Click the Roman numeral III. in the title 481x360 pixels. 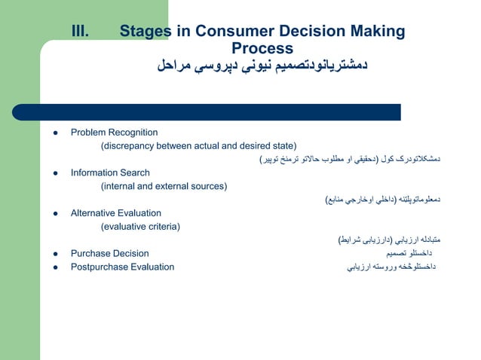[80, 32]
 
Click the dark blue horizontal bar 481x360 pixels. [219, 112]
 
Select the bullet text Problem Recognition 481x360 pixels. [114, 133]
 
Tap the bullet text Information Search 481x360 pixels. [110, 172]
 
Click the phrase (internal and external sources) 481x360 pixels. [164, 186]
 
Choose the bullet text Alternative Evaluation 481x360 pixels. [115, 213]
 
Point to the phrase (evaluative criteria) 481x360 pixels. [140, 226]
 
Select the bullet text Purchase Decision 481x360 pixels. [109, 254]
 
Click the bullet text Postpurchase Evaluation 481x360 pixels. [122, 267]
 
